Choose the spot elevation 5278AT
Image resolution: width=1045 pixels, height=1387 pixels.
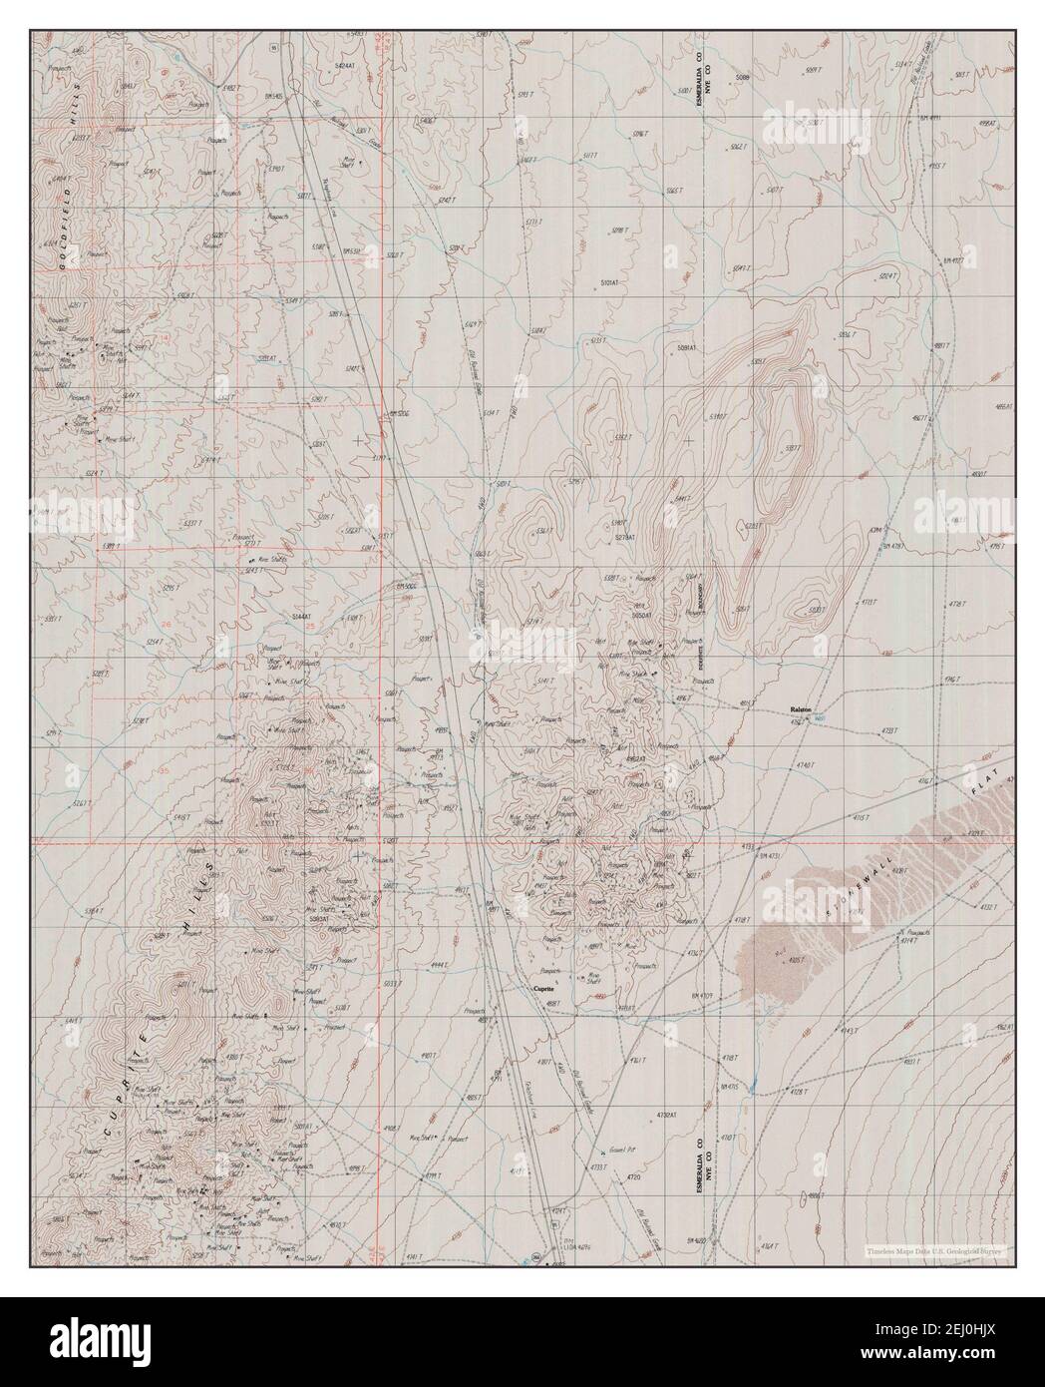[x=624, y=538]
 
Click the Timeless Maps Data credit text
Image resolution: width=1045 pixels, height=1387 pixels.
[x=935, y=1249]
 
